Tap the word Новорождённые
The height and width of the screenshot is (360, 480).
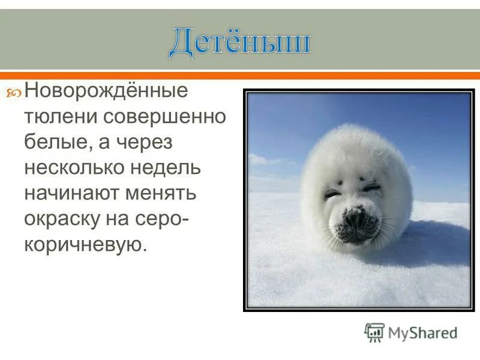[x=106, y=92]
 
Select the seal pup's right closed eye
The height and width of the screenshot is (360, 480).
[x=371, y=187]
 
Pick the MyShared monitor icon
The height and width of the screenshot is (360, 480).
[x=374, y=332]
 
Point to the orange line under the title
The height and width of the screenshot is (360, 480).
[x=240, y=76]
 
